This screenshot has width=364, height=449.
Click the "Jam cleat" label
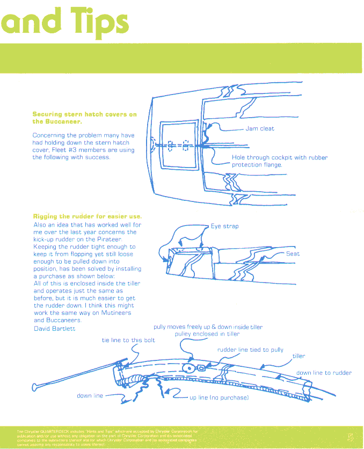pyautogui.click(x=260, y=129)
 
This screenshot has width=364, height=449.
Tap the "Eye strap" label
pyautogui.click(x=224, y=227)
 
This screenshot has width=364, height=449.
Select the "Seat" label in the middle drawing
pyautogui.click(x=293, y=254)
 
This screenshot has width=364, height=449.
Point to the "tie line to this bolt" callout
pyautogui.click(x=128, y=341)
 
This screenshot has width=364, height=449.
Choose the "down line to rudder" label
pyautogui.click(x=324, y=373)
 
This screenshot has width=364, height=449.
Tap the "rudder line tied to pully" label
pyautogui.click(x=250, y=350)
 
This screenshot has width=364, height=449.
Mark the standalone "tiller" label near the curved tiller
pyautogui.click(x=299, y=356)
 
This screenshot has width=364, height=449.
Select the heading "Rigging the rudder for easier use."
pyautogui.click(x=87, y=216)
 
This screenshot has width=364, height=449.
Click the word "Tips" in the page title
pyautogui.click(x=97, y=21)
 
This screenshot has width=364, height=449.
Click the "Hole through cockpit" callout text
pyautogui.click(x=279, y=157)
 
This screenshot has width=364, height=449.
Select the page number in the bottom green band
pyautogui.click(x=350, y=436)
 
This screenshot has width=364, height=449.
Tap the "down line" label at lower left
pyautogui.click(x=90, y=396)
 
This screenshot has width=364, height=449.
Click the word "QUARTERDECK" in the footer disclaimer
pyautogui.click(x=57, y=431)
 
